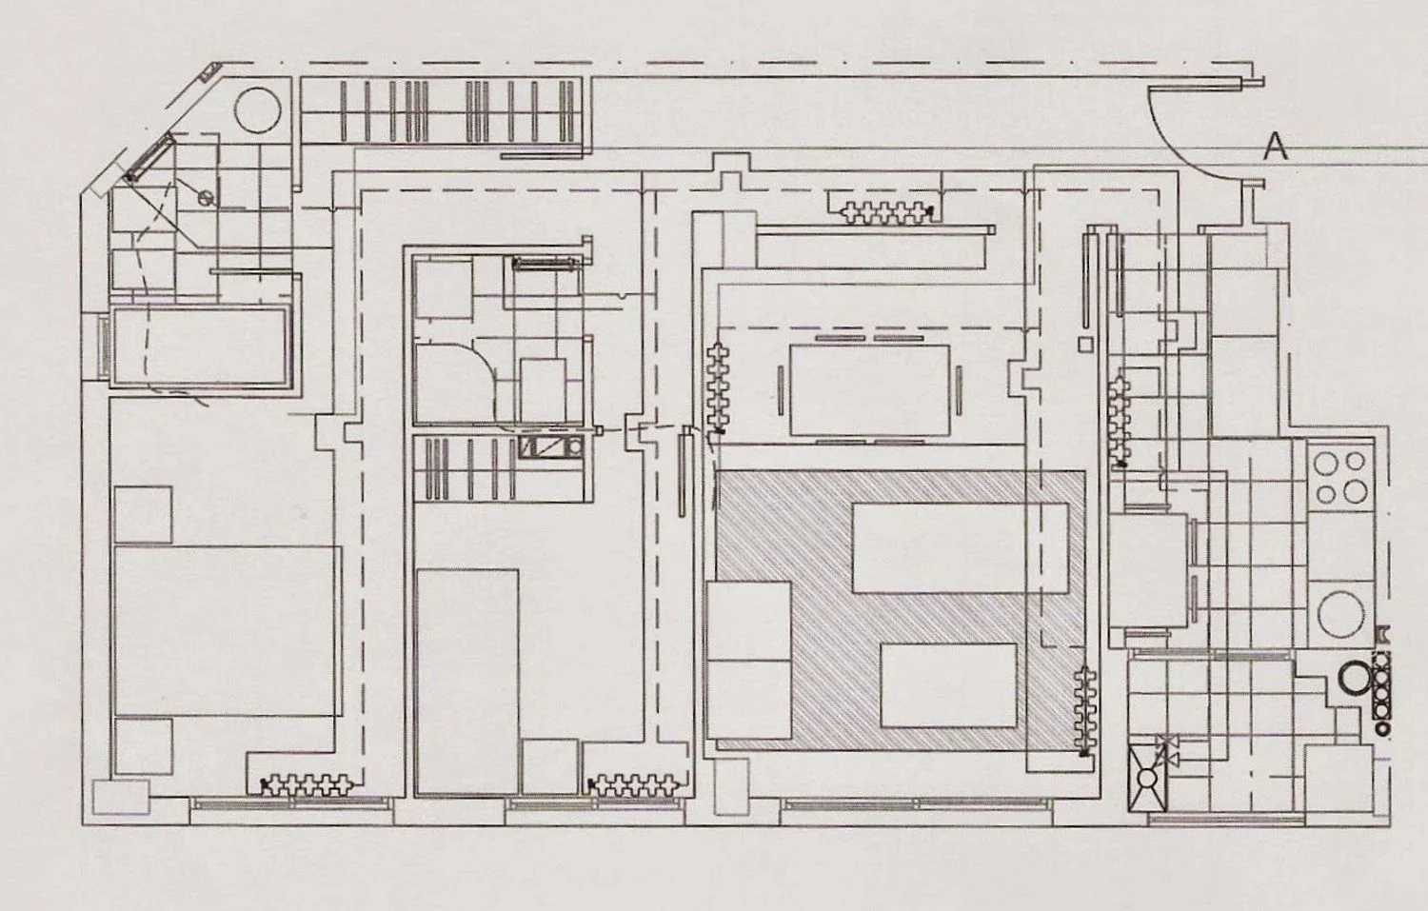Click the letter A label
[1275, 147]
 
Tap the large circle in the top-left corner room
[258, 109]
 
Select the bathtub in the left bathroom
[200, 347]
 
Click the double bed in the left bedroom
[227, 630]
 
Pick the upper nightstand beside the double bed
[143, 515]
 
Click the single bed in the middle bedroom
[467, 683]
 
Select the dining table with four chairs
[869, 389]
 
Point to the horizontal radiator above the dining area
[887, 212]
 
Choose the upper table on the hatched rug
[960, 548]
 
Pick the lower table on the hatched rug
[948, 685]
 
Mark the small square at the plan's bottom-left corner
[121, 797]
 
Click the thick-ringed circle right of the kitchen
[1353, 676]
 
